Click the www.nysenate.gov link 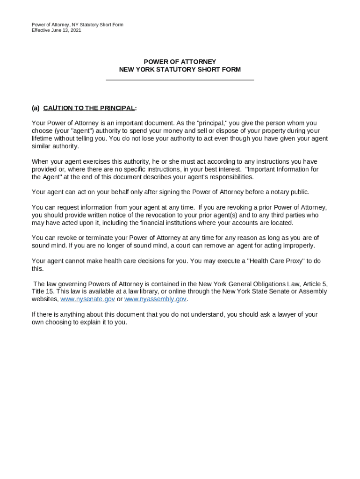(87, 299)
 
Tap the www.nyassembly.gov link (155, 299)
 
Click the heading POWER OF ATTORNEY (180, 62)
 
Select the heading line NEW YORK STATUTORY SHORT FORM (180, 70)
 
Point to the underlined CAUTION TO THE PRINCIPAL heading (89, 108)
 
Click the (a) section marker (36, 108)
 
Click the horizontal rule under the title (180, 80)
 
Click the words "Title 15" (42, 291)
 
